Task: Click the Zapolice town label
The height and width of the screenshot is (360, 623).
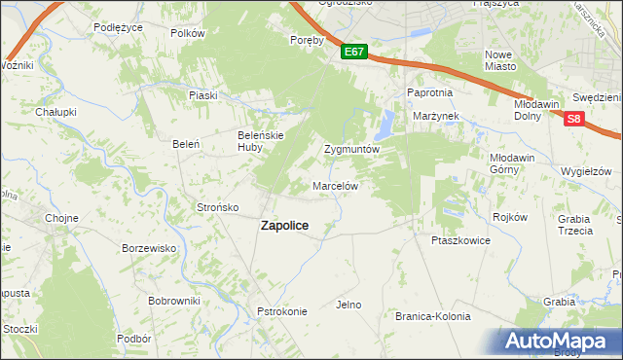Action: point(284,225)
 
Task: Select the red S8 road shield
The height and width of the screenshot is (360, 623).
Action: point(573,119)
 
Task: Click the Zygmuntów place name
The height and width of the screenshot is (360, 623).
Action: point(350,151)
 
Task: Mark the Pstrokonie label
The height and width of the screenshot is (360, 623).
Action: point(282,311)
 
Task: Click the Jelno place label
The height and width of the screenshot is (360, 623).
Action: point(348,305)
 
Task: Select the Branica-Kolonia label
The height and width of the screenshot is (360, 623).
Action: point(432,316)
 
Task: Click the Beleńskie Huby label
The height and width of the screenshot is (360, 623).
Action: point(261,141)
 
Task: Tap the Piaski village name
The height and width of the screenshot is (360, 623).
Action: point(202,95)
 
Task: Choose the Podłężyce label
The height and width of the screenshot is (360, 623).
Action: point(119,27)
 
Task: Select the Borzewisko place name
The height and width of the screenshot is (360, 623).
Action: point(149,248)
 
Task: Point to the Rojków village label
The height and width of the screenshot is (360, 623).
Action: point(510,217)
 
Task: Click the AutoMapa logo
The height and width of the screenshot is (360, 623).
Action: point(559,341)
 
